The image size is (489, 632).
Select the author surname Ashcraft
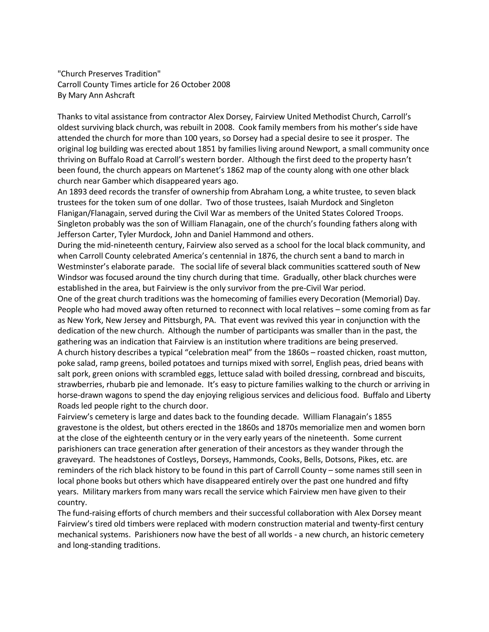[x=119, y=95]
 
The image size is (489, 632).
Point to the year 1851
[x=207, y=149]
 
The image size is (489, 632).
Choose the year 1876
[x=274, y=256]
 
